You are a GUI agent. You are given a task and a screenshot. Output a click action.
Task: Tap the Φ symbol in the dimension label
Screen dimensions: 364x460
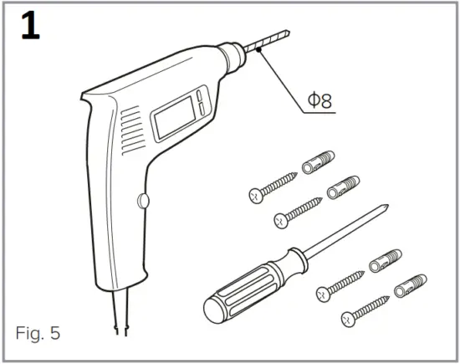click(x=312, y=101)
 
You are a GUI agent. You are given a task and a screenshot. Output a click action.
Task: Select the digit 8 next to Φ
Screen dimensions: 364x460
click(x=326, y=101)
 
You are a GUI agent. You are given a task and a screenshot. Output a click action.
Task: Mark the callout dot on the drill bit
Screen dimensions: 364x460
click(x=260, y=50)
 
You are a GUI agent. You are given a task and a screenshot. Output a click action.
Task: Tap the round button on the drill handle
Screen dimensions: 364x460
click(x=142, y=201)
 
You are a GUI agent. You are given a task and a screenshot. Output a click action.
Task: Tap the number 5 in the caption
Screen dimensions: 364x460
click(x=55, y=333)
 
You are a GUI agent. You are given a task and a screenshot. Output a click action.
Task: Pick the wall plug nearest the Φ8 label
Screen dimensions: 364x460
click(x=318, y=164)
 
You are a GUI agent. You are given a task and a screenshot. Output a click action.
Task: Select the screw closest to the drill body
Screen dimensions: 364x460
click(x=273, y=186)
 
